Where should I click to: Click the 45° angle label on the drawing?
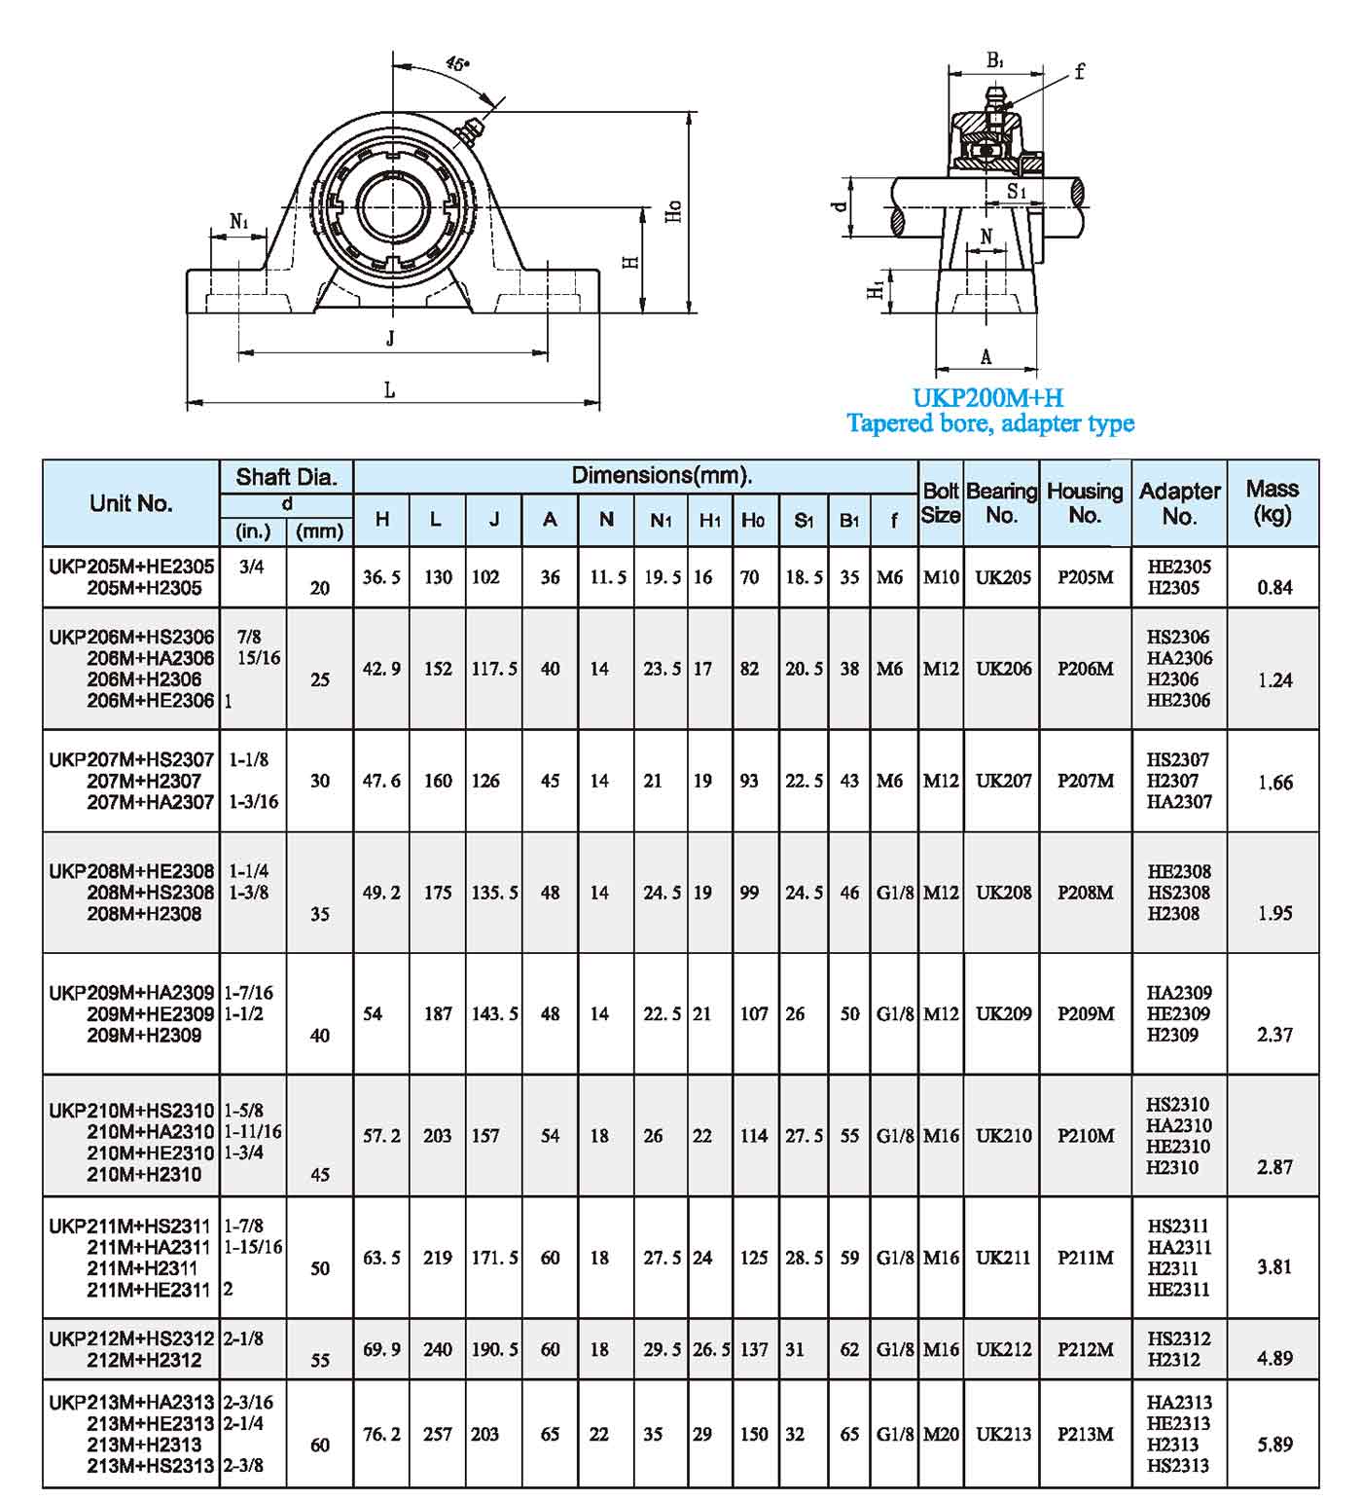(x=457, y=64)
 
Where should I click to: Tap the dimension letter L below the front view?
(x=390, y=390)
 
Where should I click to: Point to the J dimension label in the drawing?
(x=390, y=338)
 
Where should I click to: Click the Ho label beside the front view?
(x=673, y=211)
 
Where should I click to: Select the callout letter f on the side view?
(x=1079, y=71)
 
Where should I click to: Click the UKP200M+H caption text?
(x=987, y=398)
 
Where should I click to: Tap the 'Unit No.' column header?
(x=130, y=503)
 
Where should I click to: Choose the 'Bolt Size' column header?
(x=941, y=503)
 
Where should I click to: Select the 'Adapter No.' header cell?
(x=1179, y=503)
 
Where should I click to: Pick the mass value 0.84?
(x=1274, y=588)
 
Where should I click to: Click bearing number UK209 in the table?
(x=1003, y=1013)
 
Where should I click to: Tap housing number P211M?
(x=1086, y=1258)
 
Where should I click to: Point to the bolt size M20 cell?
(x=941, y=1434)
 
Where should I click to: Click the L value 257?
(x=438, y=1434)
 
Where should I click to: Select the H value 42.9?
(x=381, y=669)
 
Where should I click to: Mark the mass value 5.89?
(x=1274, y=1445)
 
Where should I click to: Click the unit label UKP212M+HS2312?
(x=131, y=1338)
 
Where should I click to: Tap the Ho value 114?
(x=753, y=1136)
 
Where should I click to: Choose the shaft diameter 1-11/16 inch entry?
(x=253, y=1131)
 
